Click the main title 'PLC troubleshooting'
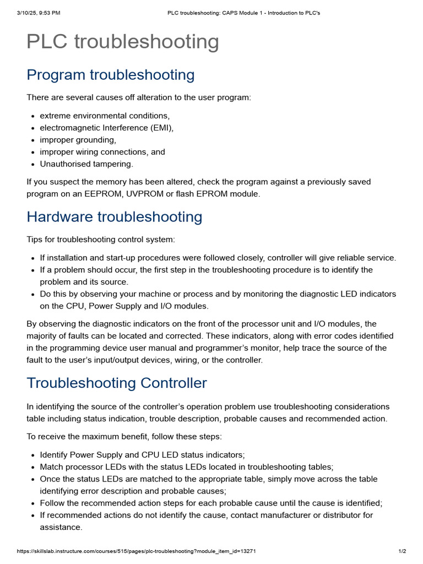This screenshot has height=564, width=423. [122, 42]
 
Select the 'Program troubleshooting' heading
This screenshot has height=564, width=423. [110, 75]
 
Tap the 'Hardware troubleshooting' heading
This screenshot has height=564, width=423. [114, 217]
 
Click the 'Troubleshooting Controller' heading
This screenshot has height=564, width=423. [117, 383]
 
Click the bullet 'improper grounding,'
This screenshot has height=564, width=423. [78, 140]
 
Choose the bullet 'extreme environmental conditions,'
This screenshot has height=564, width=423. [105, 116]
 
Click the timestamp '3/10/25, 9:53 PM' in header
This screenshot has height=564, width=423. [38, 13]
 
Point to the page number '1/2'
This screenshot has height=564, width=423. [402, 551]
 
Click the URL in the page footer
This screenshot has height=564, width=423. [137, 551]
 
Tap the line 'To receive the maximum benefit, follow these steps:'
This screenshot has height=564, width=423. [124, 437]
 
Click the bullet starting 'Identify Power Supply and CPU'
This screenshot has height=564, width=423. [142, 455]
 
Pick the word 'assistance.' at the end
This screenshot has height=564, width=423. [61, 528]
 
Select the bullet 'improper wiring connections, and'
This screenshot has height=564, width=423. [102, 152]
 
